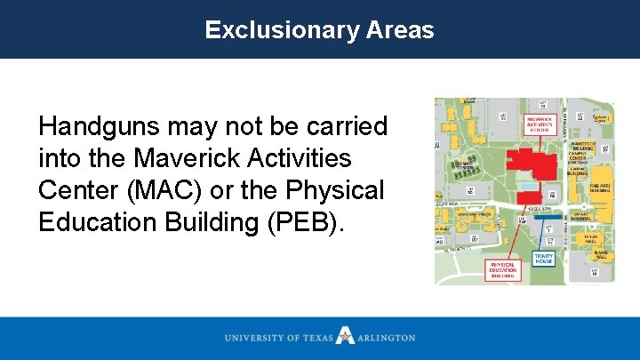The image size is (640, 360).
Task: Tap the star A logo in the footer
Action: [x=345, y=337]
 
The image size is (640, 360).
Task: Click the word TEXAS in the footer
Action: [x=317, y=338]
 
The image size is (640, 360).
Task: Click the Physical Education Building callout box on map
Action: [x=502, y=269]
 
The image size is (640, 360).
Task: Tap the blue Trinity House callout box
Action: [x=543, y=259]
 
